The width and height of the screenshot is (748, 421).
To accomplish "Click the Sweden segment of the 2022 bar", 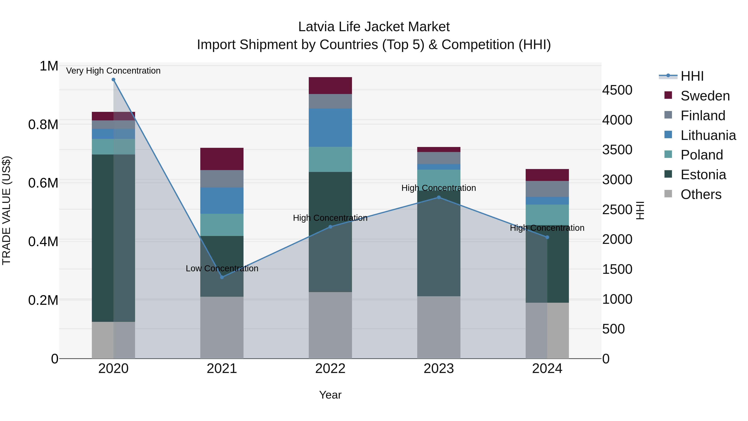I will tap(330, 85).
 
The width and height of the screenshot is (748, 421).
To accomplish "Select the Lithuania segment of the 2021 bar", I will tap(222, 200).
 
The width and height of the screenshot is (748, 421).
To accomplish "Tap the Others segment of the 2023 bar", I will tap(439, 327).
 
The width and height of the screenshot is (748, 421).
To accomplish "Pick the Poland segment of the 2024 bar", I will tap(547, 215).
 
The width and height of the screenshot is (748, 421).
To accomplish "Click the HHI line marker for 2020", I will tap(113, 80).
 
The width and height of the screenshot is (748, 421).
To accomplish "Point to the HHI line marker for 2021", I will tap(222, 277).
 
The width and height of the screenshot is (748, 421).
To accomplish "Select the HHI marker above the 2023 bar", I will tap(439, 197).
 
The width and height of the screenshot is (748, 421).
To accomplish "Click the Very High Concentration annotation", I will tap(113, 71).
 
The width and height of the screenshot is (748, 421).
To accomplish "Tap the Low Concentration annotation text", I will tap(222, 268).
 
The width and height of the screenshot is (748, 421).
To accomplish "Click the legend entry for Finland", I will tap(703, 116).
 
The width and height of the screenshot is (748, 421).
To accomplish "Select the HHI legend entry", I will tap(692, 76).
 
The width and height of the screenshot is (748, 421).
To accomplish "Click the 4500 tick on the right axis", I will tap(617, 90).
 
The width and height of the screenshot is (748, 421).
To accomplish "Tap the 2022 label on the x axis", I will tap(330, 369).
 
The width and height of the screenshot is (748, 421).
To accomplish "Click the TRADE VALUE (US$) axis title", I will tap(6, 210).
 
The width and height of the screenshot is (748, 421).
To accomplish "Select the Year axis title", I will tap(330, 395).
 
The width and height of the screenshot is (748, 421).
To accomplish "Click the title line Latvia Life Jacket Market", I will tap(374, 27).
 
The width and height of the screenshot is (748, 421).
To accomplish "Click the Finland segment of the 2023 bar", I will tap(439, 158).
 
